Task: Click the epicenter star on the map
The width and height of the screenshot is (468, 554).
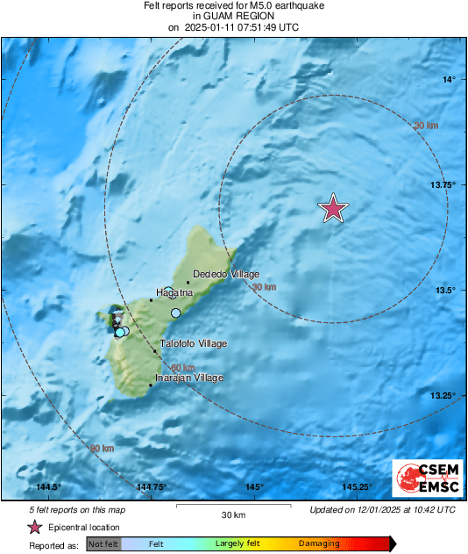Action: point(333,209)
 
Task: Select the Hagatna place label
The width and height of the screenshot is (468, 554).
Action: point(174,291)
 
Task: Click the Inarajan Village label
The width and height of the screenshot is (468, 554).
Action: point(188,378)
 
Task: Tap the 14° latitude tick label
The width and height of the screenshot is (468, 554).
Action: point(449,80)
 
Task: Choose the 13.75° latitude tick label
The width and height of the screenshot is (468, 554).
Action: point(443,185)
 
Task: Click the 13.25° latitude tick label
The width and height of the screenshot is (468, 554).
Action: point(443,396)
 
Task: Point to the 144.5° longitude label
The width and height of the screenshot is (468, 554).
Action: point(49,487)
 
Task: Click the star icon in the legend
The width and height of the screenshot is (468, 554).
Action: point(34,527)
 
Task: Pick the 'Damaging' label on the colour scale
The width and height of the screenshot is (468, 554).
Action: point(318,544)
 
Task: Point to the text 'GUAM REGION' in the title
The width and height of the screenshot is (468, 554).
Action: point(233,17)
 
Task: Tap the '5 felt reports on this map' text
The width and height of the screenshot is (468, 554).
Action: point(76,509)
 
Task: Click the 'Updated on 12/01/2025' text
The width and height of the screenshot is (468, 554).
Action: point(382,509)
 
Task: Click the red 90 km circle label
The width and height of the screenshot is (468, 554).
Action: point(103,449)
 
